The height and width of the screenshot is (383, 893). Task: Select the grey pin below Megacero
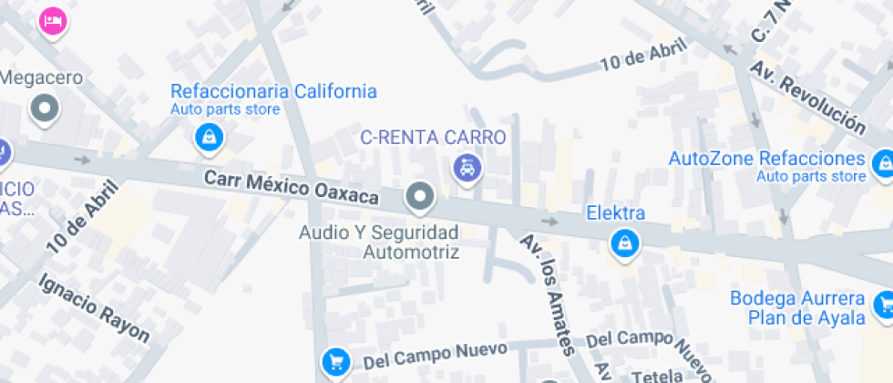(44, 110)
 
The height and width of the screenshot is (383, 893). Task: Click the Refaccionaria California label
(273, 91)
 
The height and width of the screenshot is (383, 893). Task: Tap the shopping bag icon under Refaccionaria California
(210, 139)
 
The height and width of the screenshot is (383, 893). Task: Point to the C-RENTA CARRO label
(433, 138)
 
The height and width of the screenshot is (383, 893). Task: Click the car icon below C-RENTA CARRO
(467, 168)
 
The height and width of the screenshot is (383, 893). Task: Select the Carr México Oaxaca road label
(291, 186)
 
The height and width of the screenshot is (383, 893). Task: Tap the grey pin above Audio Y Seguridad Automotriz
(420, 195)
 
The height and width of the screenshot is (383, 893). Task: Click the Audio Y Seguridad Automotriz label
(379, 243)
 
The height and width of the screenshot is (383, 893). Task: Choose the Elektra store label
(616, 213)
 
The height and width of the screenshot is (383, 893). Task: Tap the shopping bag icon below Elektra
(625, 243)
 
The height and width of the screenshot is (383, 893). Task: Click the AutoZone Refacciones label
(767, 158)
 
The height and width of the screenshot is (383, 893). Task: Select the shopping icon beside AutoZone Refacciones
(882, 163)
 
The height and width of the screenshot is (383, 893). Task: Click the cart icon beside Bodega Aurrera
(883, 305)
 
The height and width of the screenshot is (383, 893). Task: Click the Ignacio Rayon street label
(94, 308)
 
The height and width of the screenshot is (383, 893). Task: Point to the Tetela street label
(657, 374)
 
